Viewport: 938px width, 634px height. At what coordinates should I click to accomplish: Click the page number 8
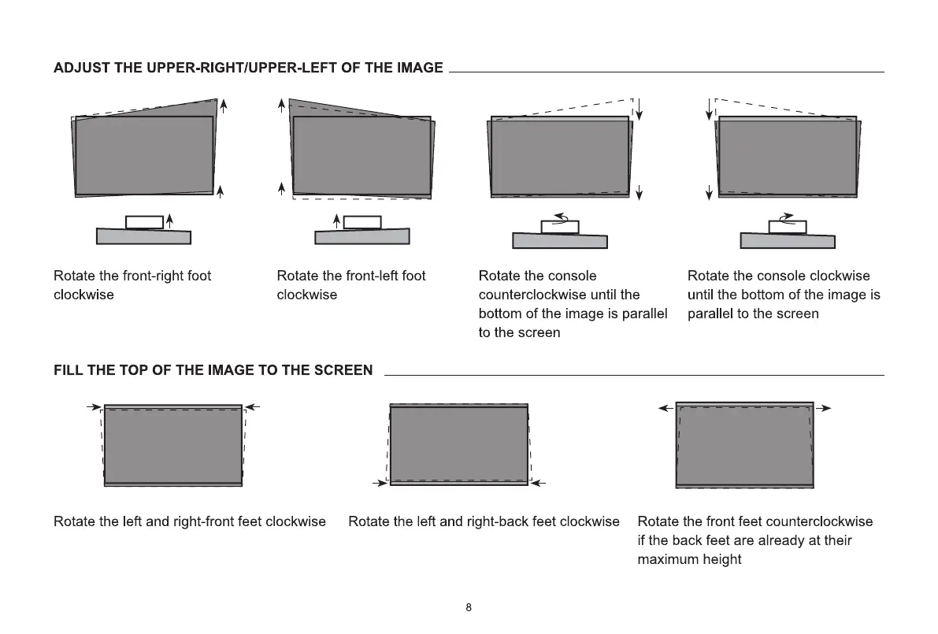(x=469, y=607)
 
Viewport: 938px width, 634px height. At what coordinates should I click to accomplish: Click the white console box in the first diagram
(x=144, y=221)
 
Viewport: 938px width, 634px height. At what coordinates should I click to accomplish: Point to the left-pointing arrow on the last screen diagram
(x=665, y=408)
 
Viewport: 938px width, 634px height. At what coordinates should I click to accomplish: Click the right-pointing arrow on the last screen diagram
(x=823, y=408)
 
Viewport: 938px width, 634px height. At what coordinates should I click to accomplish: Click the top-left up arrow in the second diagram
(x=282, y=107)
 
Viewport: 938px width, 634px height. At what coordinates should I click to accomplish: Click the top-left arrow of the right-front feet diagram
(x=95, y=407)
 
